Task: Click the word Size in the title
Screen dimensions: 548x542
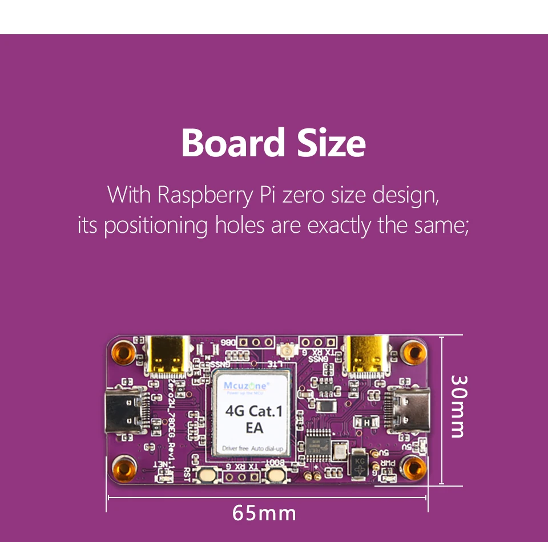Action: (x=331, y=143)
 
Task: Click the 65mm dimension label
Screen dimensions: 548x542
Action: (x=264, y=513)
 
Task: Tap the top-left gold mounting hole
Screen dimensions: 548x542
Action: (x=123, y=353)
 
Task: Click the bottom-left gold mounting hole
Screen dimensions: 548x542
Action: (x=123, y=468)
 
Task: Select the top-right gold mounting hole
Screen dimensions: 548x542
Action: (x=412, y=353)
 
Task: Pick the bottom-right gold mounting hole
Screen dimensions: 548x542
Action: (x=412, y=468)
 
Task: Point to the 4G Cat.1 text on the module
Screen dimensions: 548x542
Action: (x=254, y=411)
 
